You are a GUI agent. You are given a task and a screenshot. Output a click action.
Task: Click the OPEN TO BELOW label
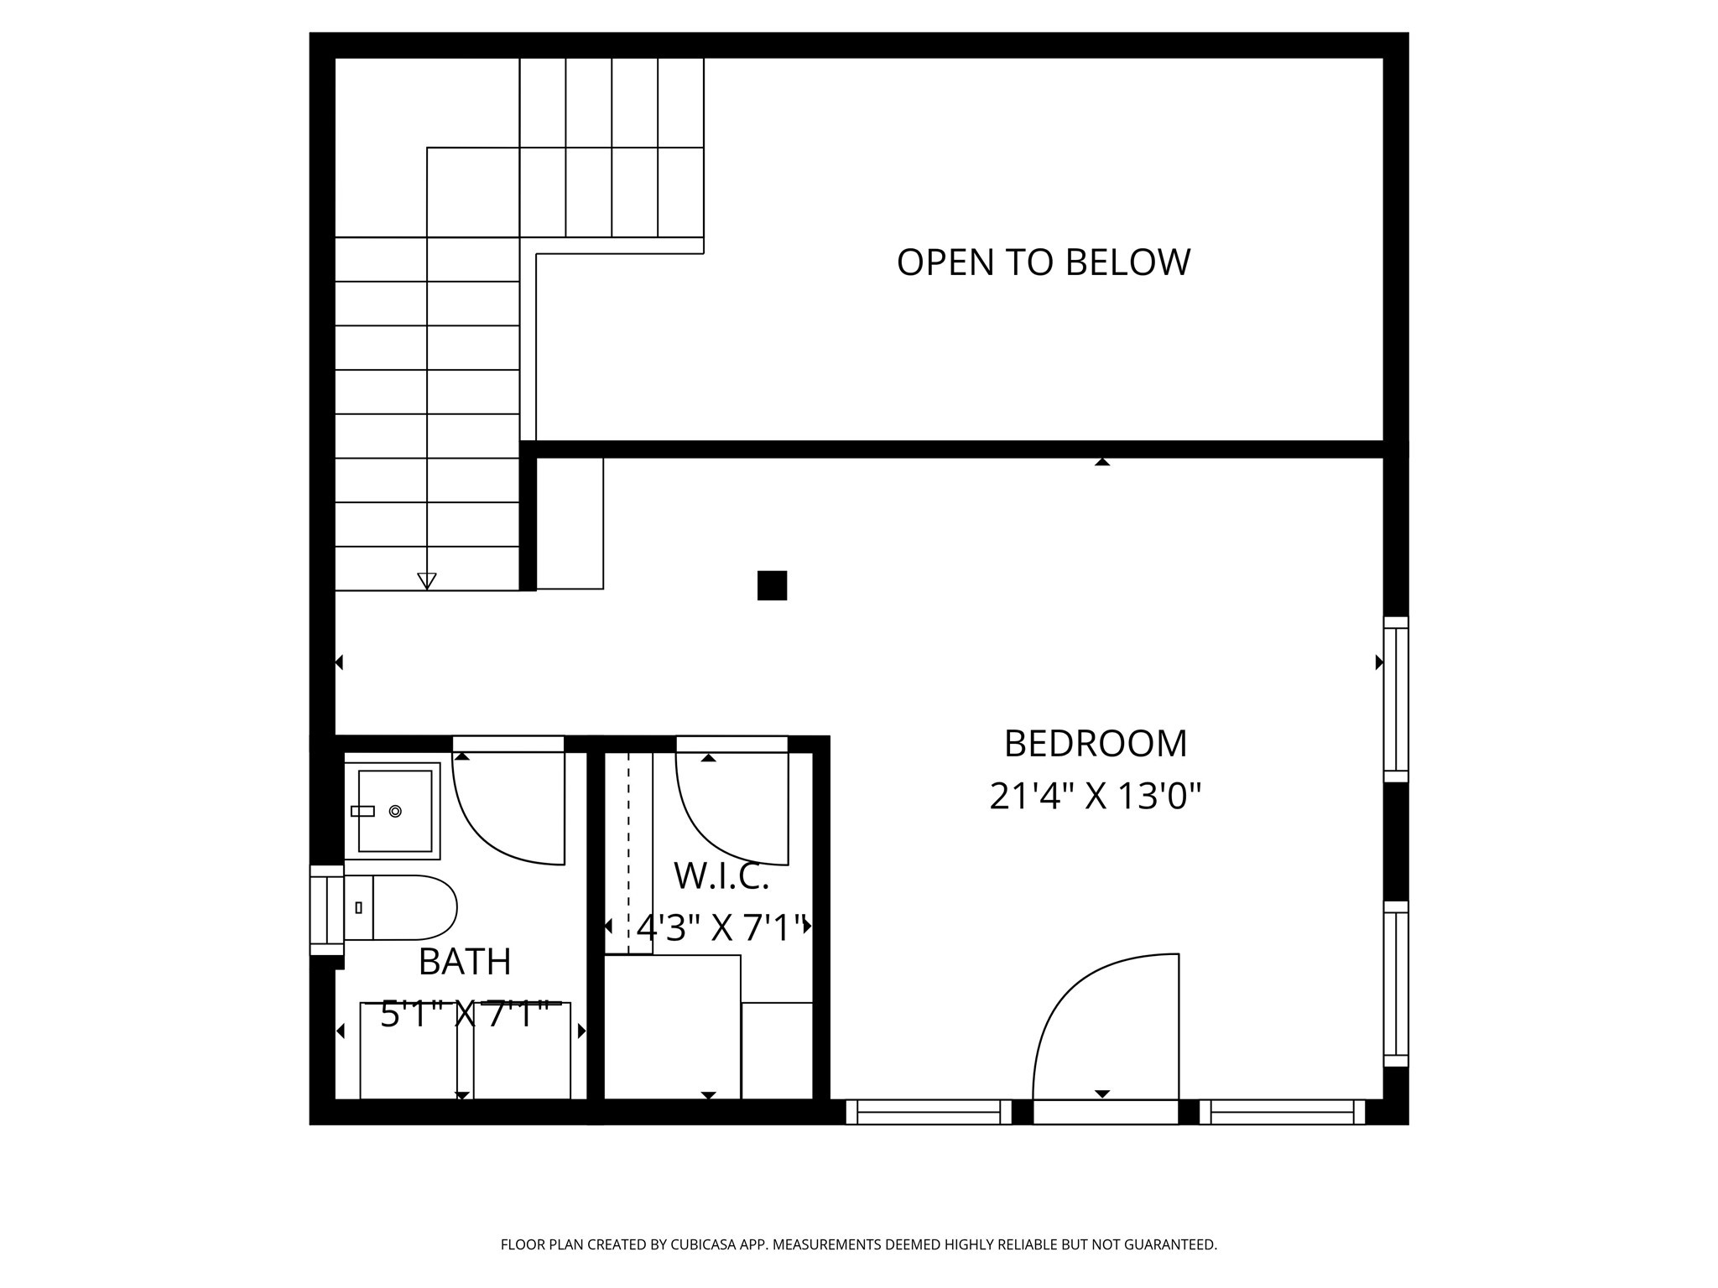click(1043, 262)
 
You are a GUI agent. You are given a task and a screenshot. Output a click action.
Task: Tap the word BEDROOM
click(1095, 744)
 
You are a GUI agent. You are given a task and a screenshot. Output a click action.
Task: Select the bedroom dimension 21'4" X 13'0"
click(1095, 797)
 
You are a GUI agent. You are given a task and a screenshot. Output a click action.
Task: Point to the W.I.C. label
click(721, 877)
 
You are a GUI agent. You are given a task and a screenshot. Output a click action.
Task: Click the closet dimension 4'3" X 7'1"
click(721, 928)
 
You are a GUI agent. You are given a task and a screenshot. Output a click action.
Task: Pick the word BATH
click(465, 962)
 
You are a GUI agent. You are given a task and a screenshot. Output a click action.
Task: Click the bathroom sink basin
click(394, 811)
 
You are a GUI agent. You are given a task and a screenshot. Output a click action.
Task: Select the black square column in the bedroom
click(772, 585)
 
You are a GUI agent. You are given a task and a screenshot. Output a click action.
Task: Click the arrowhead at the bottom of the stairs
click(427, 580)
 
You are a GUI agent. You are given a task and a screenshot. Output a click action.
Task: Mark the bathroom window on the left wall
click(326, 910)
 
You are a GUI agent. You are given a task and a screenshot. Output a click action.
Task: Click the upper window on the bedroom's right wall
click(1395, 699)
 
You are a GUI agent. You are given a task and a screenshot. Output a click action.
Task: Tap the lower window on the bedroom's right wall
click(1395, 984)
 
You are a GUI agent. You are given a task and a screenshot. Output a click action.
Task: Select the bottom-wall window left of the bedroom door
click(929, 1112)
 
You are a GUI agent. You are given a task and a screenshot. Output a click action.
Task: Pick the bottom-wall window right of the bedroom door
click(1282, 1112)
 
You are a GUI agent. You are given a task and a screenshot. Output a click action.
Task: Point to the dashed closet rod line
click(628, 851)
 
